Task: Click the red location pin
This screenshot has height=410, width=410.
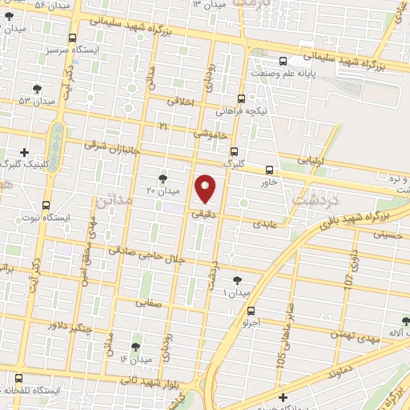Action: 206,187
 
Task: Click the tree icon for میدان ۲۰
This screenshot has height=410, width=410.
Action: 163,178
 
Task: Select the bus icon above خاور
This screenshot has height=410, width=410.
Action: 269,170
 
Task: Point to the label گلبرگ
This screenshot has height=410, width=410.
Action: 232,163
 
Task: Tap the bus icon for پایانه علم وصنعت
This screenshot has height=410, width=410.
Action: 282,61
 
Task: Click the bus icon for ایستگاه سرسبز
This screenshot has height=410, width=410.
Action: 73,38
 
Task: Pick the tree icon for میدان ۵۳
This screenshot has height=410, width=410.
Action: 35,88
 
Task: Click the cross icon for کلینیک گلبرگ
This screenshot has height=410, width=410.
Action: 25,151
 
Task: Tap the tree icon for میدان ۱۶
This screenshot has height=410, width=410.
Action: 135,346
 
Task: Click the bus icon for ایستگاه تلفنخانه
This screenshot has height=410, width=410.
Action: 18,377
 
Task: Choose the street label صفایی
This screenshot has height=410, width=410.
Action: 148,303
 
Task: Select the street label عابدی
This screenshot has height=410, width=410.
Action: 264,224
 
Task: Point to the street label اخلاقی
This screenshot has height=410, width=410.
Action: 181,102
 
